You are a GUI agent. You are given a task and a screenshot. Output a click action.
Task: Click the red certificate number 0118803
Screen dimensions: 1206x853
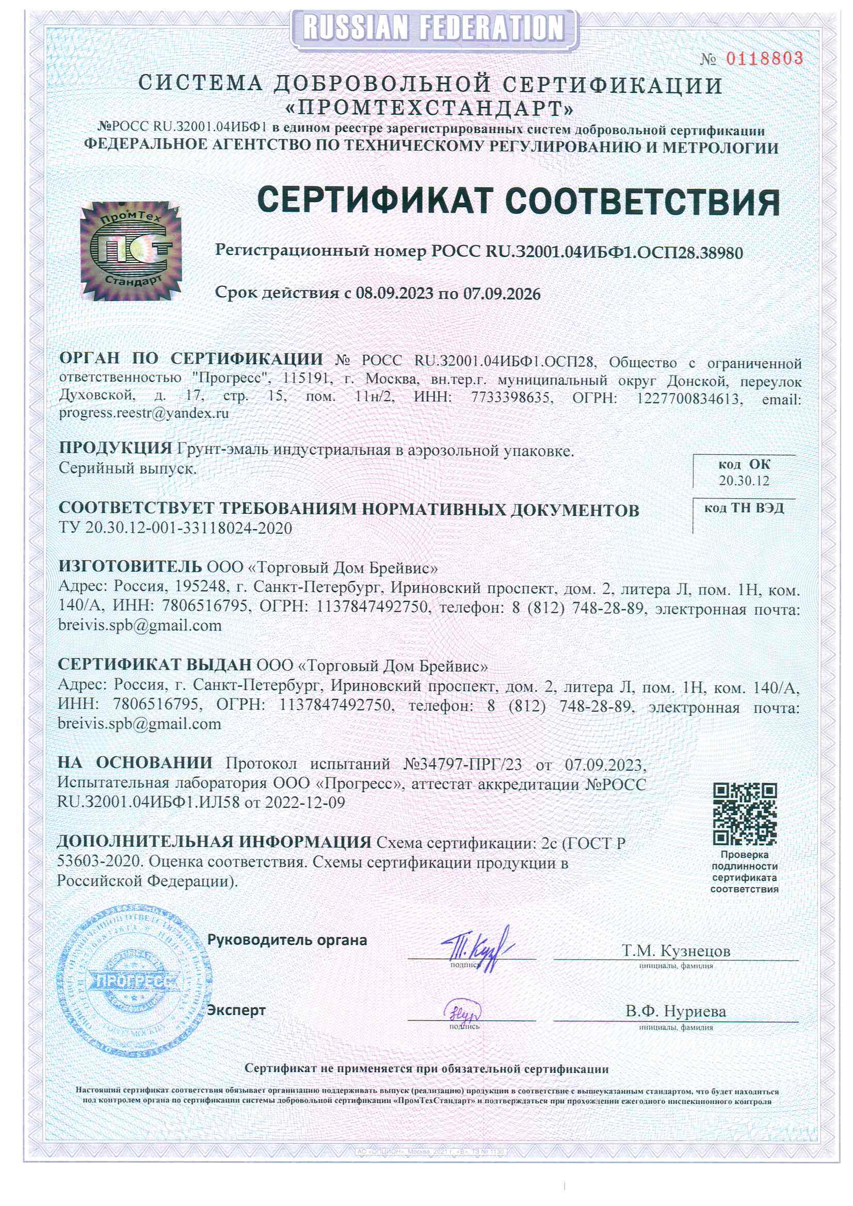(x=764, y=58)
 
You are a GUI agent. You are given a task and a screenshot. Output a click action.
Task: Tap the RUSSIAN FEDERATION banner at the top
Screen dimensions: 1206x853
(x=433, y=28)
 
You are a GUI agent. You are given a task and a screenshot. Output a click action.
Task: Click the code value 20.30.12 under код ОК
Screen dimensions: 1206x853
(x=744, y=481)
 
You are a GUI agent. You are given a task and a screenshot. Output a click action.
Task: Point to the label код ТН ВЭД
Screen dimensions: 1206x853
(x=744, y=509)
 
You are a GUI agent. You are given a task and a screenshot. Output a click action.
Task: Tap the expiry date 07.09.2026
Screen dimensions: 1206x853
(x=502, y=294)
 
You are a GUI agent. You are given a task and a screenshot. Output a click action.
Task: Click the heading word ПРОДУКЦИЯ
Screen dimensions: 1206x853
(x=115, y=448)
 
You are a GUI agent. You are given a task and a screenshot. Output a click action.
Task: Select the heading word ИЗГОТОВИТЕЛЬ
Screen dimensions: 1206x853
(x=130, y=566)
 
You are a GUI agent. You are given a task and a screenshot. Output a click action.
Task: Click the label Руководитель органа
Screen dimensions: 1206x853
(x=287, y=940)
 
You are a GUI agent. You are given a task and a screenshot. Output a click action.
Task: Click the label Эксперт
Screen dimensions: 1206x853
(x=236, y=1010)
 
